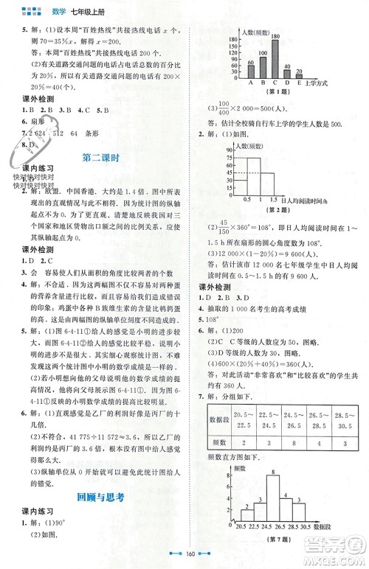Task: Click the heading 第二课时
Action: coord(101,158)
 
